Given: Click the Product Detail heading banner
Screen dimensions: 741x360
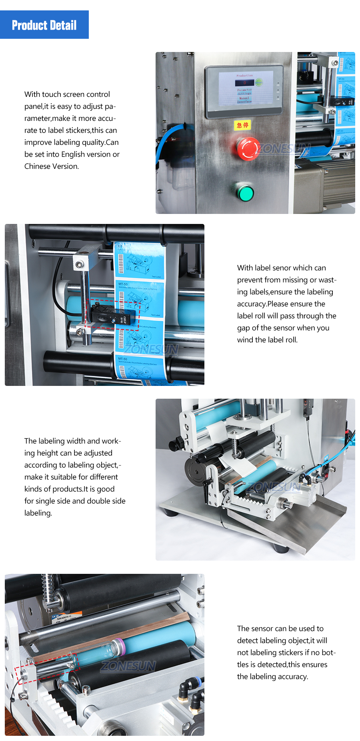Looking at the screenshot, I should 44,25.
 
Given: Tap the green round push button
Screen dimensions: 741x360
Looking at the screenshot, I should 245,193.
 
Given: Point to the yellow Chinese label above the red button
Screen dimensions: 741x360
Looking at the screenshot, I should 242,125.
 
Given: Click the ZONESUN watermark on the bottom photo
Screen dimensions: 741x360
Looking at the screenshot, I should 128,666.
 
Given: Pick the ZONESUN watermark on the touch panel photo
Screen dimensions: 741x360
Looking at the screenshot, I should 284,149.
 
